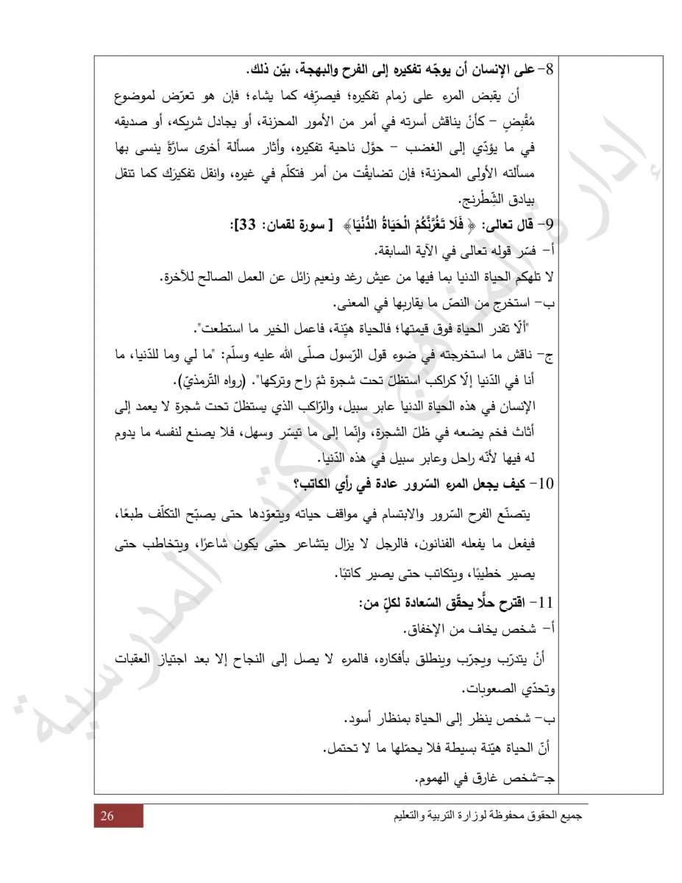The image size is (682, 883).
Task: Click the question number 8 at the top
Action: click(x=555, y=71)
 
